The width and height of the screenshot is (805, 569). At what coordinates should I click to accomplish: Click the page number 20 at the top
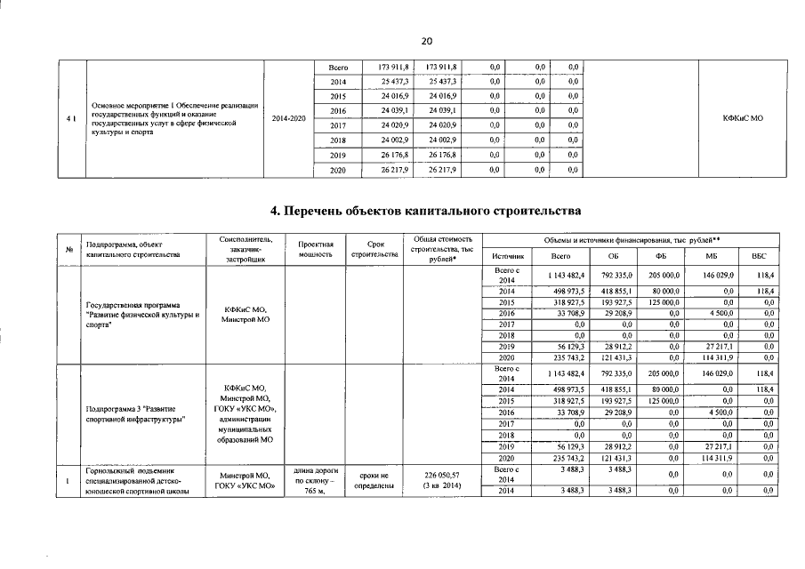click(425, 42)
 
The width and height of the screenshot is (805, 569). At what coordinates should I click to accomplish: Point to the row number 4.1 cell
click(70, 118)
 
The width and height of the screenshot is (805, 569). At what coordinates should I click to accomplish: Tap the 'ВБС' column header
click(758, 256)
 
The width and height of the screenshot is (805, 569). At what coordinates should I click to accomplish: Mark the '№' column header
click(68, 249)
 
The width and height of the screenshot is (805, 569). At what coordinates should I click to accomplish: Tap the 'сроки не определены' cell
click(374, 481)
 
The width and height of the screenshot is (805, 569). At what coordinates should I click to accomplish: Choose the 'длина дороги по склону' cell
click(316, 481)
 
